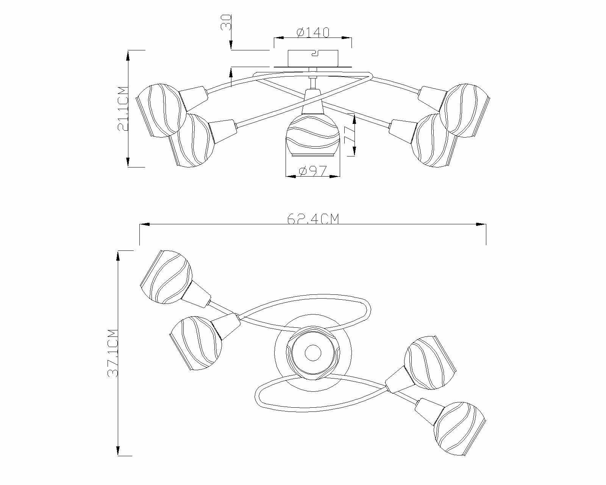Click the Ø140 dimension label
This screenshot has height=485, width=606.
point(313,32)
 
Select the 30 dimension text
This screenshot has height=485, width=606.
point(226,23)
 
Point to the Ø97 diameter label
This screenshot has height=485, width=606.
point(312,172)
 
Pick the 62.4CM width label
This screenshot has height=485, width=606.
point(313,219)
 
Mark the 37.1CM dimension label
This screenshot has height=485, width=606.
point(113,353)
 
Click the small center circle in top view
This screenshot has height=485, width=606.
point(313,353)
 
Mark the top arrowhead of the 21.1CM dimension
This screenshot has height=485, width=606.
point(128,55)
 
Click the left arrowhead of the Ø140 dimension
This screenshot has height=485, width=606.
point(278,38)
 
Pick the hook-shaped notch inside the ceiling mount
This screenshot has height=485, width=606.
point(314,54)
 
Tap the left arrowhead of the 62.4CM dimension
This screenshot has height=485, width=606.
point(145,225)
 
